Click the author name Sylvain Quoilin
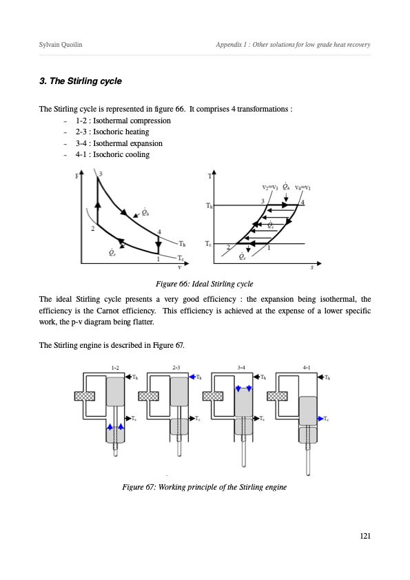coord(61,44)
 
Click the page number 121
coord(365,536)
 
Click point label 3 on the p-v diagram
coord(101,174)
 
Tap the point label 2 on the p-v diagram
coord(93,229)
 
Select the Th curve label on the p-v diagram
coord(182,244)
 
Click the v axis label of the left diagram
coord(180,267)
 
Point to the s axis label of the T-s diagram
coord(312,267)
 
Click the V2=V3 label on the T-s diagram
coord(269,187)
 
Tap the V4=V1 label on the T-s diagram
coord(303,187)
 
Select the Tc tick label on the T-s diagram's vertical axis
coord(208,244)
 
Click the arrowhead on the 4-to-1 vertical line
coord(158,246)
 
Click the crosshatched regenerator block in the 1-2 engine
coord(85,396)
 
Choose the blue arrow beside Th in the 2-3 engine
coord(192,377)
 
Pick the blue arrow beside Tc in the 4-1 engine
coord(320,418)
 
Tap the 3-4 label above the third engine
coord(241,368)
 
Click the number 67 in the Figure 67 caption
coord(149,487)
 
